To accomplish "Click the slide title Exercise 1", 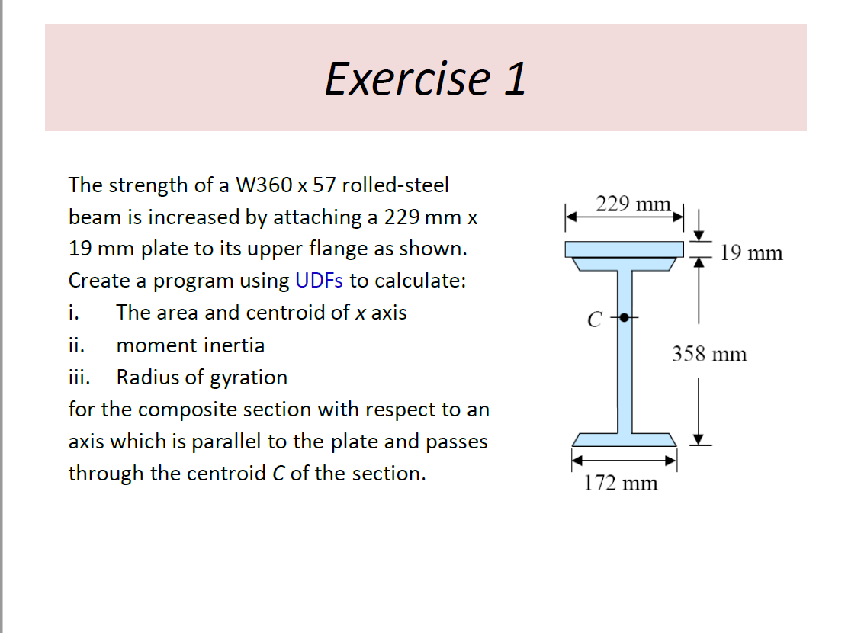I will pyautogui.click(x=425, y=78).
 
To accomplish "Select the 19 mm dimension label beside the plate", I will pyautogui.click(x=751, y=253).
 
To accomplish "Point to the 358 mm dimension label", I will pyautogui.click(x=709, y=354).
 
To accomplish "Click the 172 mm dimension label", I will pyautogui.click(x=621, y=483).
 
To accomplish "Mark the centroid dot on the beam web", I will pyautogui.click(x=624, y=317).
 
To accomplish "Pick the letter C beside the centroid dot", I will pyautogui.click(x=593, y=320).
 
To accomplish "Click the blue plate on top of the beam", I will pyautogui.click(x=624, y=249).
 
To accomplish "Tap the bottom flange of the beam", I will pyautogui.click(x=624, y=439).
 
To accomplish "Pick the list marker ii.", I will pyautogui.click(x=75, y=345).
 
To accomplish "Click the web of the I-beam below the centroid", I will pyautogui.click(x=624, y=374).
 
